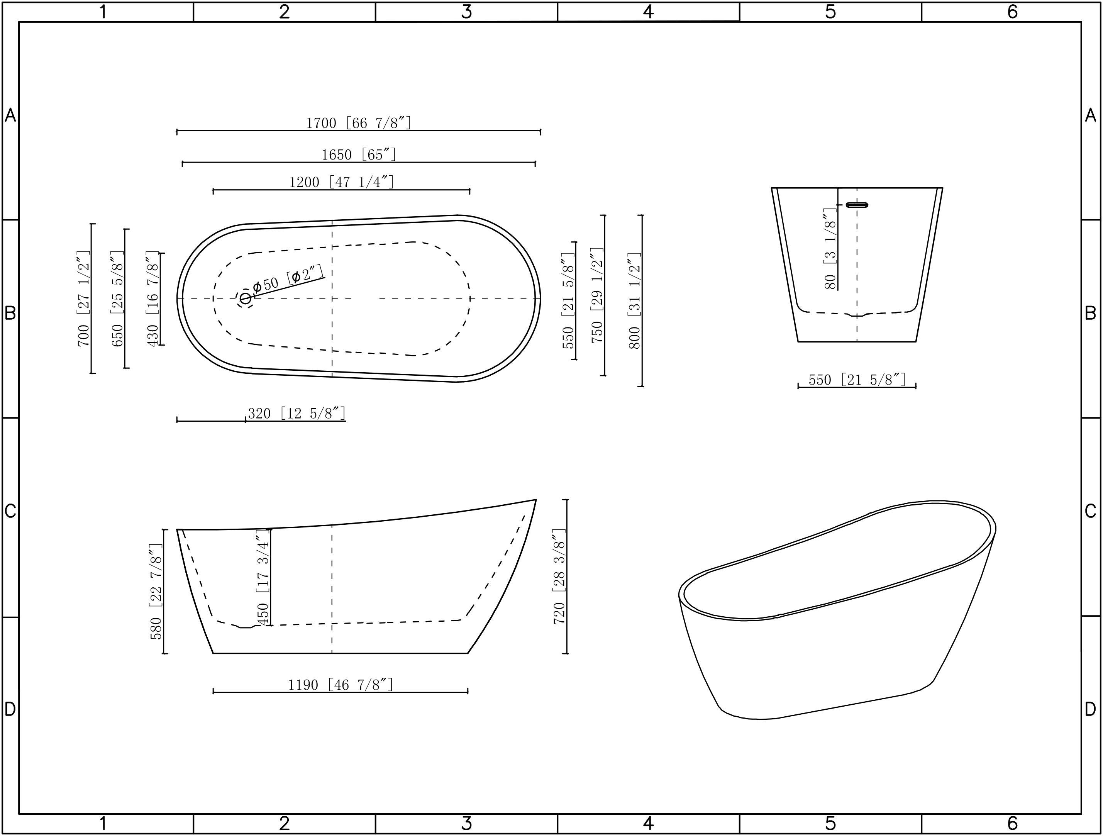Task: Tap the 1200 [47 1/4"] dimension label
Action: pyautogui.click(x=341, y=181)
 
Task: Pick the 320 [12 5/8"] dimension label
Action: pyautogui.click(x=296, y=414)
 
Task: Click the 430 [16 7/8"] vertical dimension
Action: pyautogui.click(x=152, y=298)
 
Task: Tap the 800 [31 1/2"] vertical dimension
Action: pyautogui.click(x=634, y=300)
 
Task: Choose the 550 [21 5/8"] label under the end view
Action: pyautogui.click(x=856, y=380)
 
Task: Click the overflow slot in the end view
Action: pyautogui.click(x=857, y=205)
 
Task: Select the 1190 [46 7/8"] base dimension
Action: pyautogui.click(x=341, y=685)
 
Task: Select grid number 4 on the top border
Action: pyautogui.click(x=648, y=12)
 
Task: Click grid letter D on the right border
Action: pyautogui.click(x=1091, y=709)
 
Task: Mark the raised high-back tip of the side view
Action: pyautogui.click(x=535, y=500)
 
